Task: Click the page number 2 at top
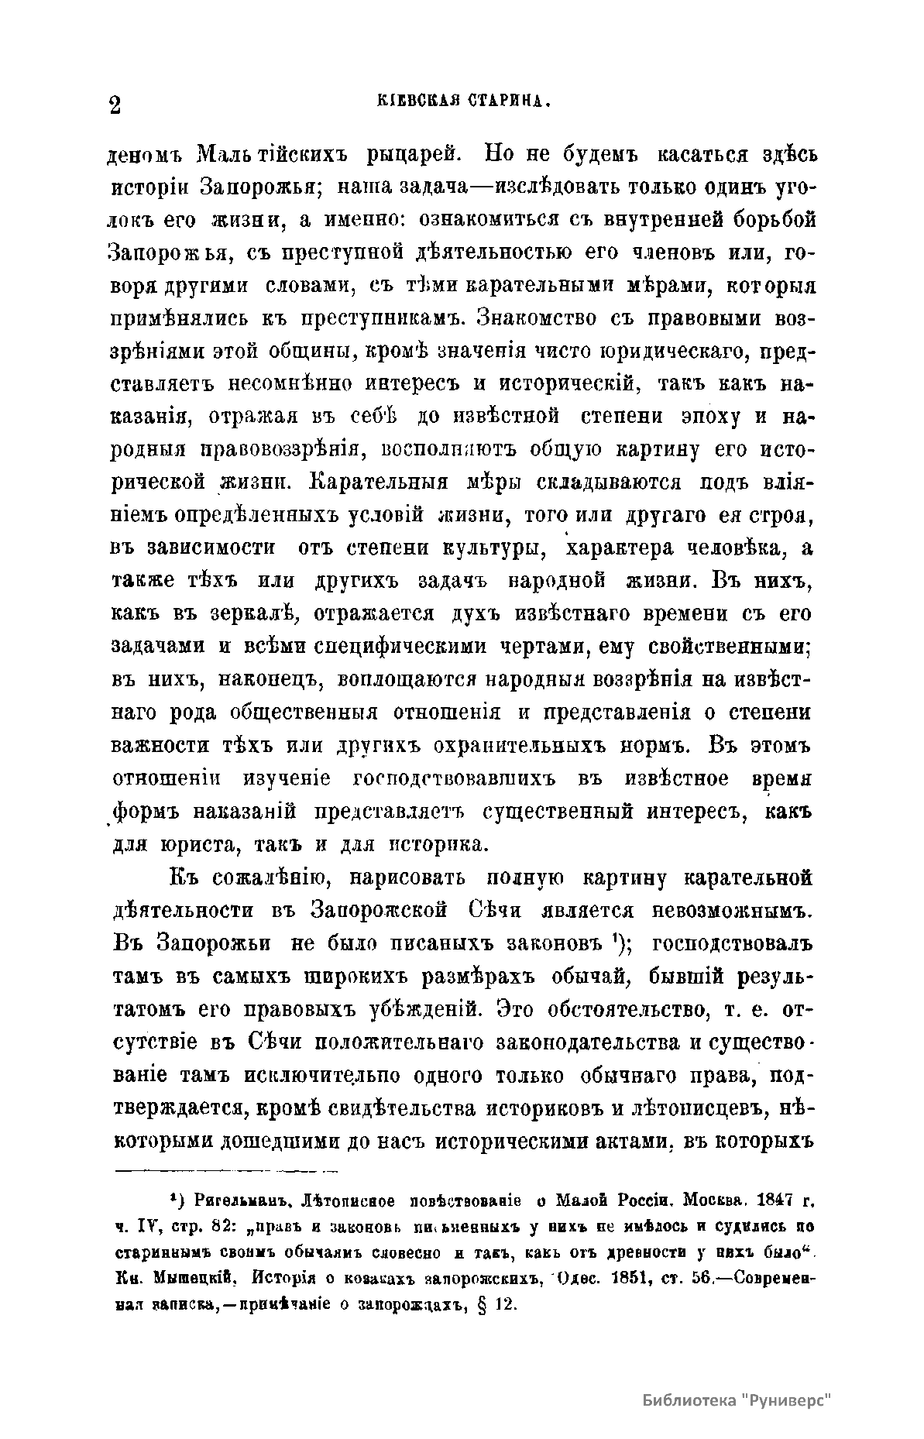click(x=114, y=105)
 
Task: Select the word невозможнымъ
click(x=732, y=912)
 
